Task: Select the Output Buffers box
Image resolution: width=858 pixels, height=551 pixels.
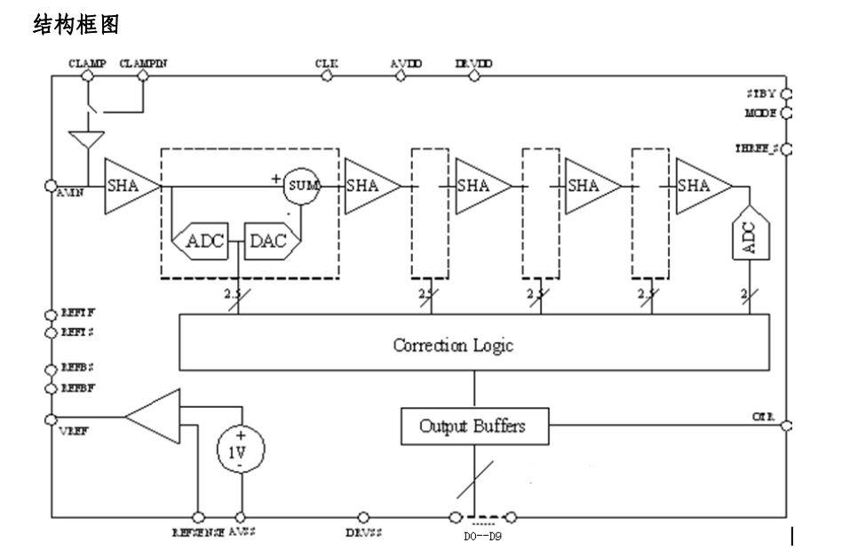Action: [x=473, y=426]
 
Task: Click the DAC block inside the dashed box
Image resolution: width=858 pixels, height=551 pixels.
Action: [x=266, y=241]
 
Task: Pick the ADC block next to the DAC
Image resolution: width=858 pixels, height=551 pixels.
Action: [x=204, y=241]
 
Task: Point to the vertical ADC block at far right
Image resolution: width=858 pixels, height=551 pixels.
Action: [x=749, y=236]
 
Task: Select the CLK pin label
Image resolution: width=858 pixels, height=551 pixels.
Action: [x=326, y=64]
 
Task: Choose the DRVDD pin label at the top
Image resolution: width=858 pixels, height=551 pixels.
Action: [x=473, y=64]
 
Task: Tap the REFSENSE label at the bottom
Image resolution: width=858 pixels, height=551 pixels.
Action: [x=198, y=532]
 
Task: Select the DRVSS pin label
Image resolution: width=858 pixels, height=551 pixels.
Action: [x=362, y=532]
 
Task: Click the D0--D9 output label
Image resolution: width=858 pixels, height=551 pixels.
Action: [x=482, y=537]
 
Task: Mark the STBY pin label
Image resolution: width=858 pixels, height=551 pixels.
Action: [x=761, y=93]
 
